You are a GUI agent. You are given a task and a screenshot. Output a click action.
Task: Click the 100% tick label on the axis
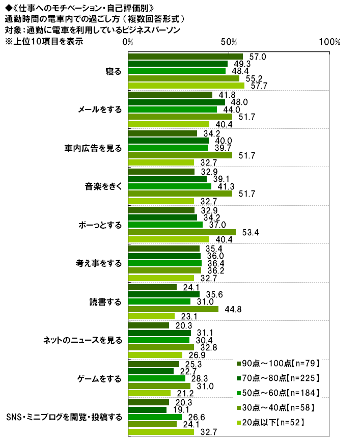tap(329, 42)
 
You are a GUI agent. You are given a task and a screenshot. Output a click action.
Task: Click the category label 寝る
tap(113, 71)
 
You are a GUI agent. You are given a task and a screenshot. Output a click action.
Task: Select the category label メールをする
tap(100, 109)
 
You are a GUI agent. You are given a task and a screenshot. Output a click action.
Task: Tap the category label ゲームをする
tap(100, 378)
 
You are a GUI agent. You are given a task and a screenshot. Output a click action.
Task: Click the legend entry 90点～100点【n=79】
tap(278, 363)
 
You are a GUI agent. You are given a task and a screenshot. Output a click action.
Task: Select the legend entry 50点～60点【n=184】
tap(278, 393)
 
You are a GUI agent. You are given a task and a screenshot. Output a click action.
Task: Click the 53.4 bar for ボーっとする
tap(182, 232)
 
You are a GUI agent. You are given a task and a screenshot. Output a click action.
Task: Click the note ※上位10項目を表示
tap(43, 41)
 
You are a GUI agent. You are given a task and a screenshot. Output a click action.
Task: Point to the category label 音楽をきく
tap(103, 186)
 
